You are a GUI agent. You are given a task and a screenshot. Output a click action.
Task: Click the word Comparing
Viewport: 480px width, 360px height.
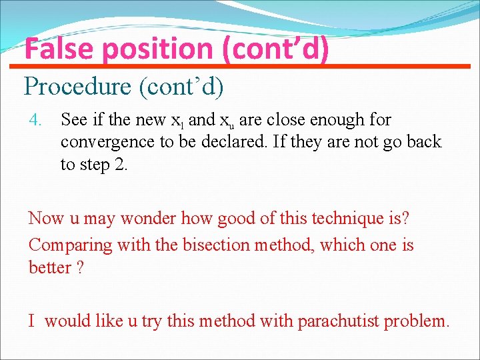tap(71, 245)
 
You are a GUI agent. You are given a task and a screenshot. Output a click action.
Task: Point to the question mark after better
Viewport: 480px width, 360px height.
tap(81, 267)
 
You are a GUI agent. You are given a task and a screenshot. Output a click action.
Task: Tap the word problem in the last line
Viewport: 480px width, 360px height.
tap(421, 321)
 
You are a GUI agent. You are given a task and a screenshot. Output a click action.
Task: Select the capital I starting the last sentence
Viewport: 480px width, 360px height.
tap(31, 321)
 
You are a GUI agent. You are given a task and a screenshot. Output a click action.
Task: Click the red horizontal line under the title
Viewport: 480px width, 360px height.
tap(240, 66)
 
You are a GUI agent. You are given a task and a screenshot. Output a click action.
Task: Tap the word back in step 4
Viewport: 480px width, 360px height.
tap(424, 142)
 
